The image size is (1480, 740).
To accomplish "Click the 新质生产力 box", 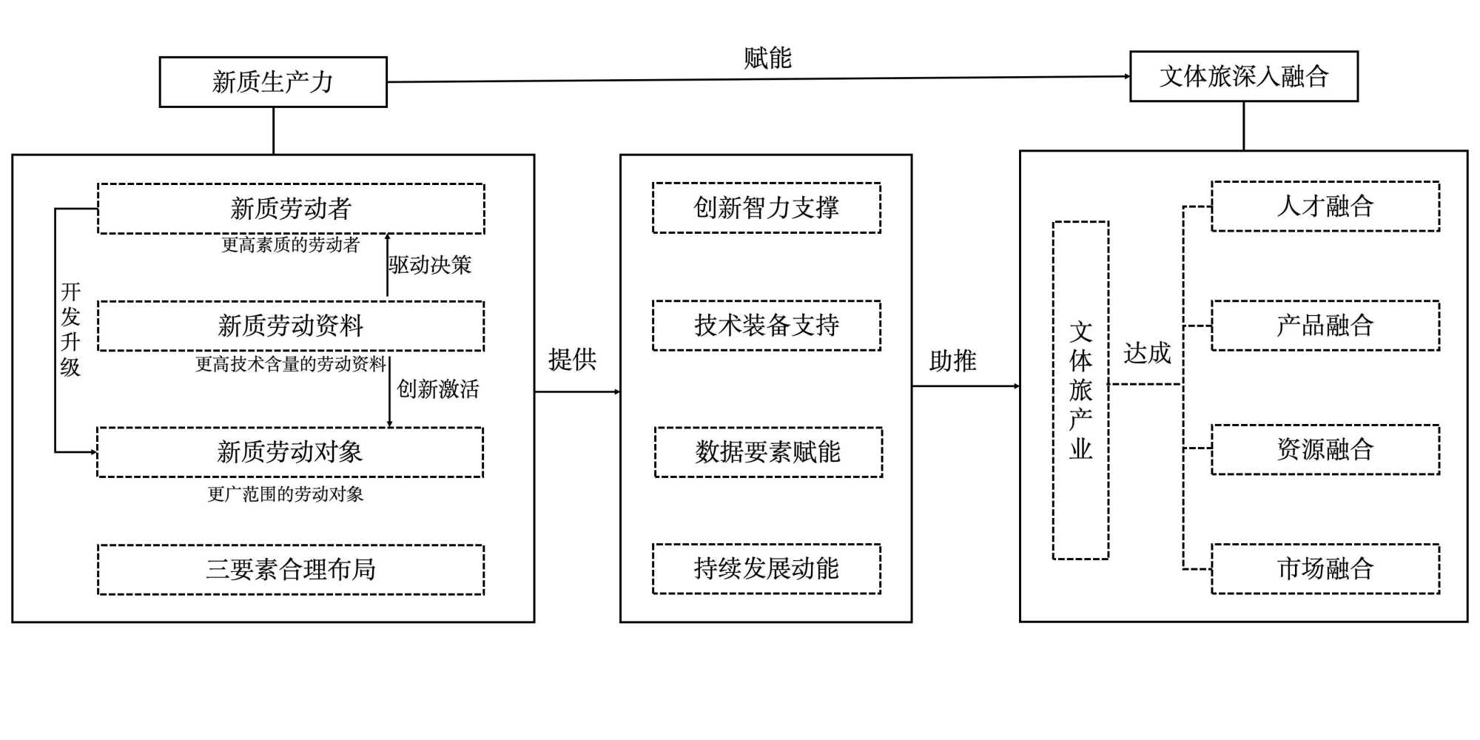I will [x=273, y=82].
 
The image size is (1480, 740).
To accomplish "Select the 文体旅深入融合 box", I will [x=1243, y=76].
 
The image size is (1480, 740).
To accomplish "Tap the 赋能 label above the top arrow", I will [x=767, y=58].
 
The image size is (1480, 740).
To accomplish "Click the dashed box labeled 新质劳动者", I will [x=291, y=209].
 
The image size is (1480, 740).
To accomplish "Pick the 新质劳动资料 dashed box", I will [x=291, y=326].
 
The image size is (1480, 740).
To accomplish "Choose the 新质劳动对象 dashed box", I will [x=290, y=452].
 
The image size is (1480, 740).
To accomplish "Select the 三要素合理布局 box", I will [x=291, y=569].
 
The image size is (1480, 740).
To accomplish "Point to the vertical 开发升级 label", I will [x=70, y=329].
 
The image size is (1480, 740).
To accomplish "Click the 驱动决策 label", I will [x=430, y=265].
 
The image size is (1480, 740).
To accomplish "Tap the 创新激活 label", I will [x=438, y=388].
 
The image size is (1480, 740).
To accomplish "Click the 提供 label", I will [x=572, y=360].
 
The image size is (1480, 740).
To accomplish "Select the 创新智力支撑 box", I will [x=767, y=208].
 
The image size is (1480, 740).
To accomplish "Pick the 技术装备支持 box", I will [x=767, y=326].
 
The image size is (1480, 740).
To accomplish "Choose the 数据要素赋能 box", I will [x=768, y=452].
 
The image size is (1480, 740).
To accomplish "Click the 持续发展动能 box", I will [x=767, y=568].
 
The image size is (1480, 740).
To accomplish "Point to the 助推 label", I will [x=953, y=361].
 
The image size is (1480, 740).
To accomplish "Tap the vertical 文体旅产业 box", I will [x=1080, y=390].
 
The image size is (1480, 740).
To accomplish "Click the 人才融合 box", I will [x=1325, y=206].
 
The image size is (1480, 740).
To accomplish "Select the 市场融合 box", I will [x=1325, y=568].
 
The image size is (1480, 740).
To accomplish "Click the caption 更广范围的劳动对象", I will [x=286, y=494].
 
